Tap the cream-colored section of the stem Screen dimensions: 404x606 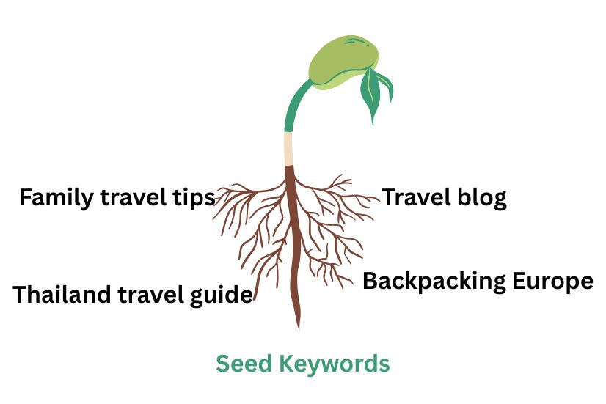pyautogui.click(x=289, y=149)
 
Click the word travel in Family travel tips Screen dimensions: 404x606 pyautogui.click(x=134, y=198)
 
